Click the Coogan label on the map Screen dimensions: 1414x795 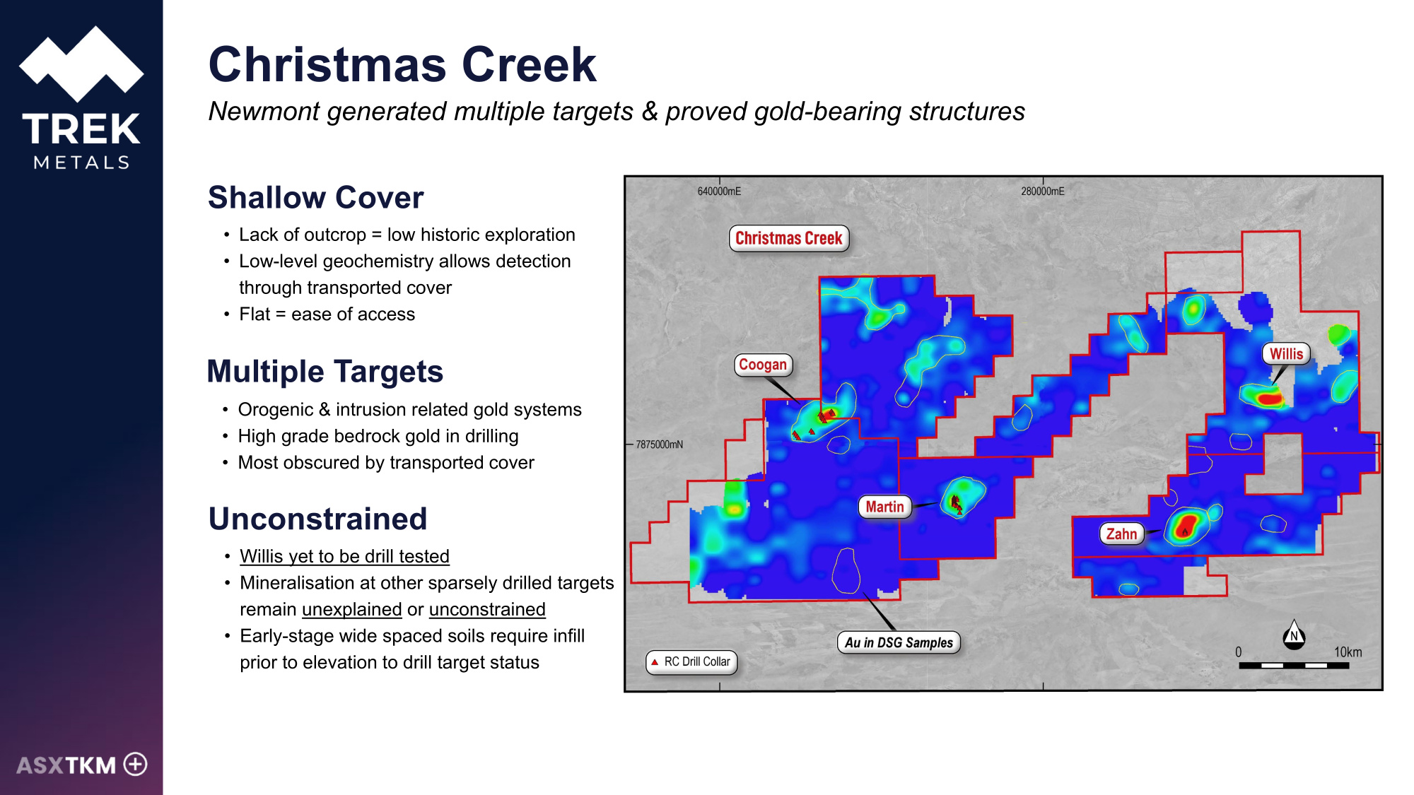pyautogui.click(x=763, y=365)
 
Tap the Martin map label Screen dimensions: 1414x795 pyautogui.click(x=884, y=507)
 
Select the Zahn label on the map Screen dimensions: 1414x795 pyautogui.click(x=1121, y=534)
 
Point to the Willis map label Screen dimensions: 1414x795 pyautogui.click(x=1286, y=354)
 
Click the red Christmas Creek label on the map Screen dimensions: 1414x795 pyautogui.click(x=789, y=238)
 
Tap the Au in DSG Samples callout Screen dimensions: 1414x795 pyautogui.click(x=899, y=642)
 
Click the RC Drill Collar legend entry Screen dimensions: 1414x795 pyautogui.click(x=691, y=661)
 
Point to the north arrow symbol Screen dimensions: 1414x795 pyautogui.click(x=1294, y=635)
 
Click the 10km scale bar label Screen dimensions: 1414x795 pyautogui.click(x=1348, y=652)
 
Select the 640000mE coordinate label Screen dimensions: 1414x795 pyautogui.click(x=719, y=191)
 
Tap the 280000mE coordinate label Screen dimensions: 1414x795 pyautogui.click(x=1042, y=191)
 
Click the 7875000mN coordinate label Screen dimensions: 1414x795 pyautogui.click(x=659, y=444)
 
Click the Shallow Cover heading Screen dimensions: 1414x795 pyautogui.click(x=316, y=197)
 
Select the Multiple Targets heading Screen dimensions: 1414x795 pyautogui.click(x=325, y=372)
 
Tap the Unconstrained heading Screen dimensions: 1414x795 pyautogui.click(x=318, y=519)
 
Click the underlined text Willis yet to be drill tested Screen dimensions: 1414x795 pyautogui.click(x=344, y=556)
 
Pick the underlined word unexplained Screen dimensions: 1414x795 pyautogui.click(x=352, y=609)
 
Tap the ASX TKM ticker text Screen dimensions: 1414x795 pyautogui.click(x=66, y=765)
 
